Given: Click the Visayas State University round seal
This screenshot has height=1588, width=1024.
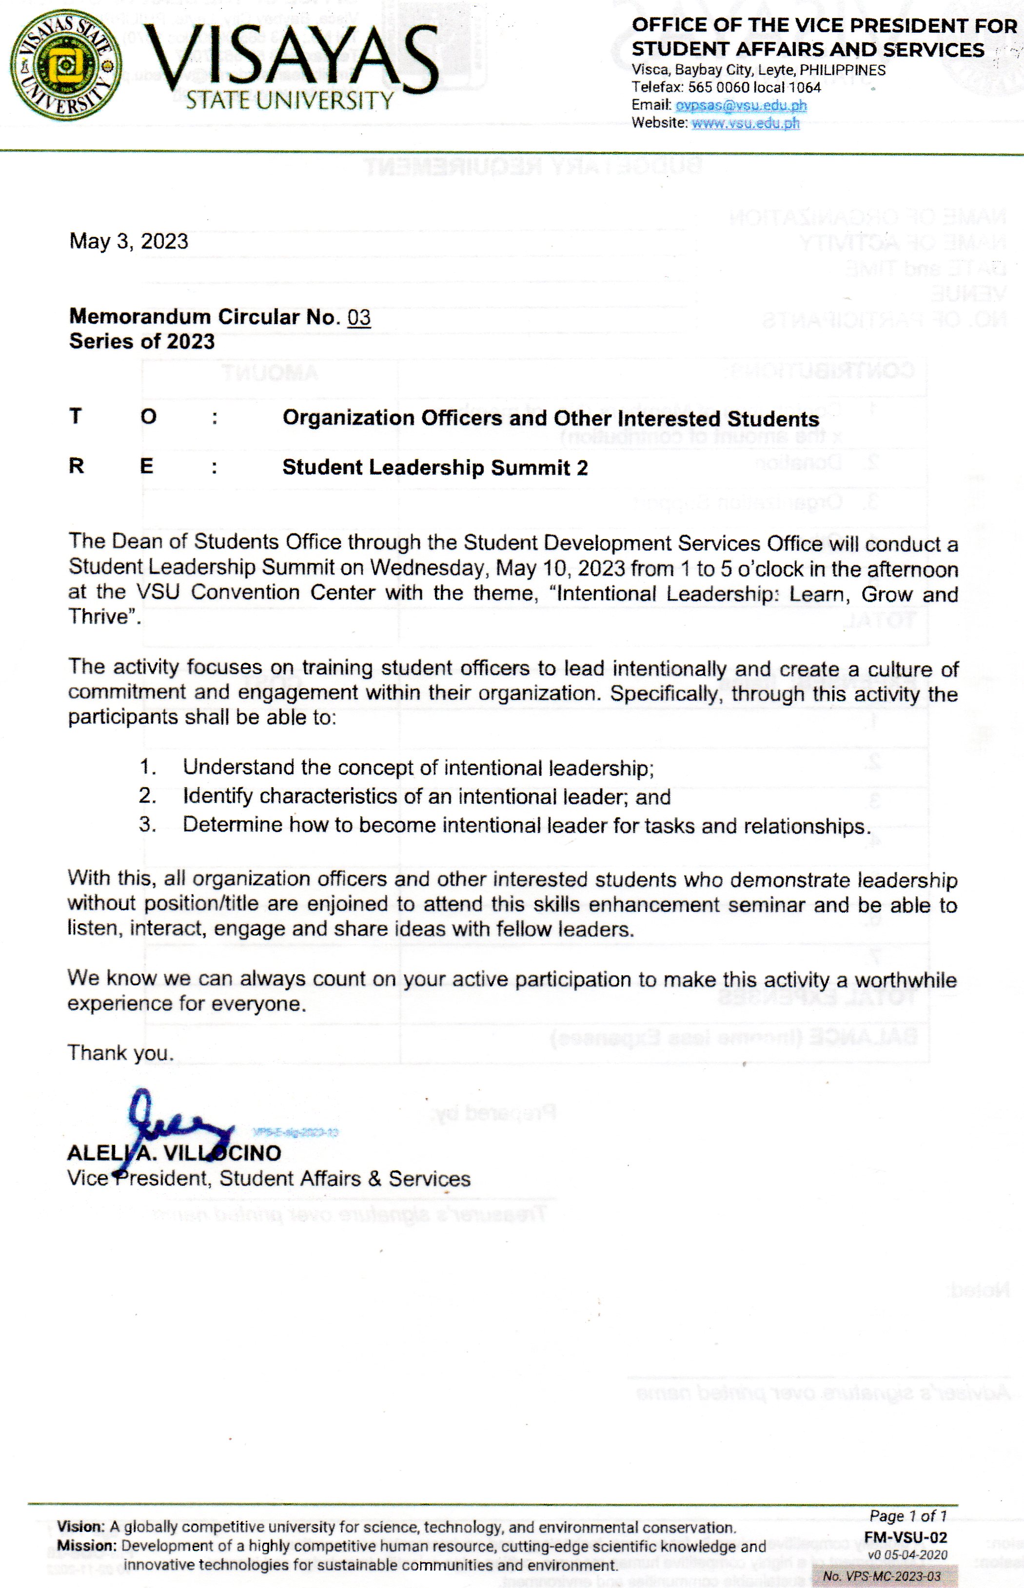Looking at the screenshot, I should coord(66,65).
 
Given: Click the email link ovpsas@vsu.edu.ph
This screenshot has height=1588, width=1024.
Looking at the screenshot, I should coord(741,105).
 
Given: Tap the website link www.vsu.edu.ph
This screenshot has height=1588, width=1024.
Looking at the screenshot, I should coord(746,123).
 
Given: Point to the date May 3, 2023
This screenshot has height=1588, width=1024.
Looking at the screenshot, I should coord(128,241).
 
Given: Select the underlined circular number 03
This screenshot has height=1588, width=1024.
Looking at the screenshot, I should coord(358,317).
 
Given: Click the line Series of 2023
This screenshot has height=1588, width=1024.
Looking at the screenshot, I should coord(141,342).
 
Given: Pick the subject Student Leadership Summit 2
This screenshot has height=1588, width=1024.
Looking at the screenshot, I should coord(435,467).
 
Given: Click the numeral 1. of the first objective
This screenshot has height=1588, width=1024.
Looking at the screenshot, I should coord(148,767).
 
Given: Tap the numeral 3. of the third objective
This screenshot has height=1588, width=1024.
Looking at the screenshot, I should coord(148,825).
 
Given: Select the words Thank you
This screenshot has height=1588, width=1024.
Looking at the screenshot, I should coord(120,1053).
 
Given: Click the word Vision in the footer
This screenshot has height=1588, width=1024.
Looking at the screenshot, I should coord(80,1528).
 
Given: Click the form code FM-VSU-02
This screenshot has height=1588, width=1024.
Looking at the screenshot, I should coord(905,1537).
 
